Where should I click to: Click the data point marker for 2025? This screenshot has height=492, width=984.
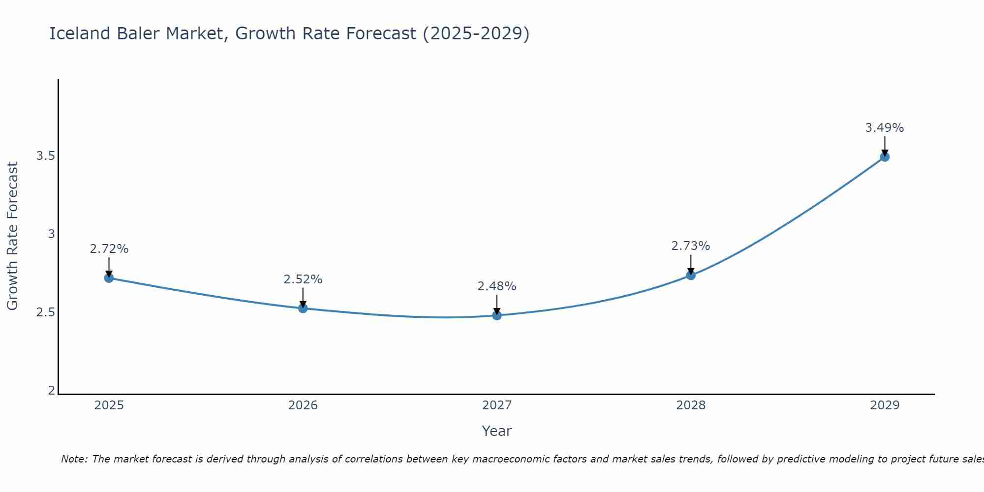click(x=109, y=278)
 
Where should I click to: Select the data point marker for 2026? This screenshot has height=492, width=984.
click(x=303, y=308)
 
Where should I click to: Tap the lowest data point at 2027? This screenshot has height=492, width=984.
click(x=497, y=315)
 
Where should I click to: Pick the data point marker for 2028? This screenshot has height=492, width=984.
click(x=691, y=275)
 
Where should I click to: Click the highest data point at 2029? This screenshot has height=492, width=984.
click(x=885, y=157)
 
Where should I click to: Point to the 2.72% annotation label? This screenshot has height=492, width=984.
click(x=109, y=249)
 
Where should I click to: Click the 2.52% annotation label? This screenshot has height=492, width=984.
click(x=303, y=279)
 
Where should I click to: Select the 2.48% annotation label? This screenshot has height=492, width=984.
click(x=497, y=286)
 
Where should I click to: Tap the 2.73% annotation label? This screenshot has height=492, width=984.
click(x=691, y=246)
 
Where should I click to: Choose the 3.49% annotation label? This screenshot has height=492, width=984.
click(x=885, y=128)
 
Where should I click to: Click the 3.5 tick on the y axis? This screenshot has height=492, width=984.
click(x=46, y=156)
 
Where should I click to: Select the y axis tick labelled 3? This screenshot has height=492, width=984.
click(x=51, y=234)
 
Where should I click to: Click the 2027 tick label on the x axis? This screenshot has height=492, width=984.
click(x=497, y=405)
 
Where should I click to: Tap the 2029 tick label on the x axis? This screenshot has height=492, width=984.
click(x=885, y=405)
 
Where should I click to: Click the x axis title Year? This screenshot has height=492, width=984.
click(x=497, y=431)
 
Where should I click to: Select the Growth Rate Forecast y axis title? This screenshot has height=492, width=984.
click(x=12, y=236)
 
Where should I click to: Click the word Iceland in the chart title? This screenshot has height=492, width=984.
click(x=80, y=33)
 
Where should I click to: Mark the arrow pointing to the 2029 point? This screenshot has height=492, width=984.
click(x=885, y=146)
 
